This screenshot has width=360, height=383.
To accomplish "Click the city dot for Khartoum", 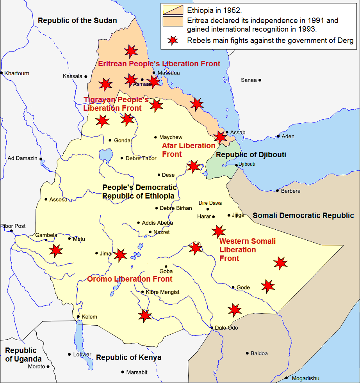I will (x=2, y=73).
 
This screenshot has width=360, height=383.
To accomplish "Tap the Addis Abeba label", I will (x=157, y=223).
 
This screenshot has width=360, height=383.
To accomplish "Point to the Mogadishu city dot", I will (x=286, y=378).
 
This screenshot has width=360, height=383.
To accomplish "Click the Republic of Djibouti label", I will (x=251, y=155).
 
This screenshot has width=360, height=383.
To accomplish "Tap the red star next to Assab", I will (x=220, y=137).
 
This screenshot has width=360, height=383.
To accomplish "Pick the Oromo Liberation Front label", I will (x=130, y=279).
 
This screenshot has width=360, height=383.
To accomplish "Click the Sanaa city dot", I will (x=260, y=80).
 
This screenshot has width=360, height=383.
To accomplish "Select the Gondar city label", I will (x=123, y=140).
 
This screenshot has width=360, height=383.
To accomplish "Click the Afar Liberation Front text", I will (x=189, y=150).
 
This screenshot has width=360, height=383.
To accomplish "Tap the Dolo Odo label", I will (x=226, y=328).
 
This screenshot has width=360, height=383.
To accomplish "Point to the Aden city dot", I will (x=278, y=136).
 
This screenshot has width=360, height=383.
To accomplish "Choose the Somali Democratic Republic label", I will (x=303, y=216).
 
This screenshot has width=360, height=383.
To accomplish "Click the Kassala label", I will (x=73, y=76).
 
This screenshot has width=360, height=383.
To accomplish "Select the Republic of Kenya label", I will (x=129, y=358).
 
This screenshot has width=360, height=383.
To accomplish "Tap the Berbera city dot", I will (x=278, y=191).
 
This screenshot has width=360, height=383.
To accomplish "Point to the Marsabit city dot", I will (x=123, y=372).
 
